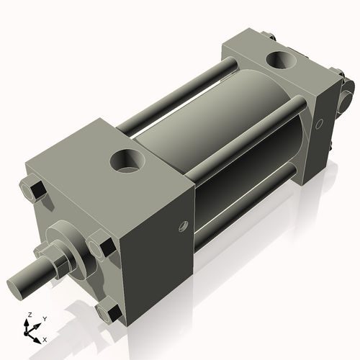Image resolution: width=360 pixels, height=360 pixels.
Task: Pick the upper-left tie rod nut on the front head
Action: [x=34, y=191]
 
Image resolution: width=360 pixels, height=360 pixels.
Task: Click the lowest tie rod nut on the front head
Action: [x=109, y=312]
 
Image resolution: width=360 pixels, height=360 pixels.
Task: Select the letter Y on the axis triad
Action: [x=44, y=318]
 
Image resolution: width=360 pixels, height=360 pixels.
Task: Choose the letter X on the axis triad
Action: [x=45, y=338]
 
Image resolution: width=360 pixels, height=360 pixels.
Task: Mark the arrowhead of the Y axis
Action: [x=38, y=323]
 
